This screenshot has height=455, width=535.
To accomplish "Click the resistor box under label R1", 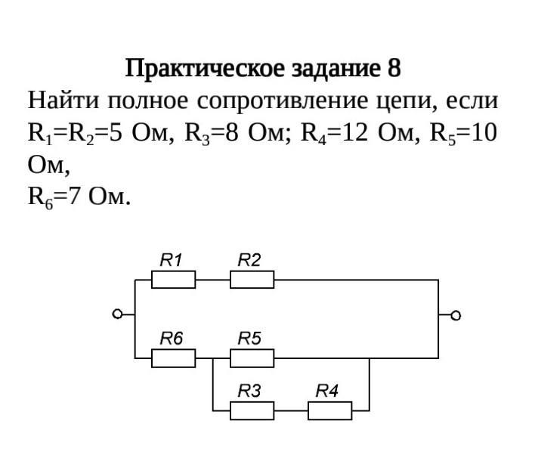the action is click(173, 280).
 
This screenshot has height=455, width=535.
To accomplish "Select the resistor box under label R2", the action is click(252, 280).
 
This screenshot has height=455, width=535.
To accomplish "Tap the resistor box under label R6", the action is click(173, 358).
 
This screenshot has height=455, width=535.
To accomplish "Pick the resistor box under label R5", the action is click(252, 358).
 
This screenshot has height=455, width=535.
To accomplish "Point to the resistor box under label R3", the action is click(252, 410).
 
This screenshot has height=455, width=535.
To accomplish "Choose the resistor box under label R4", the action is click(330, 410).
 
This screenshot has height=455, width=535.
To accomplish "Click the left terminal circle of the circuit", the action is click(117, 314).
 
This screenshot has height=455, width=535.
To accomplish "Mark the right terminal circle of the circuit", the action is click(456, 315).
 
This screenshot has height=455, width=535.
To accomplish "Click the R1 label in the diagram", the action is click(171, 260).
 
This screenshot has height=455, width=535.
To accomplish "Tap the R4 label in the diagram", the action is click(327, 391).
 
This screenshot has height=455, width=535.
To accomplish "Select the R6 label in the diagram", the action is click(172, 339).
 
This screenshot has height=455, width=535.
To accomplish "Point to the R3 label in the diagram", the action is click(249, 391).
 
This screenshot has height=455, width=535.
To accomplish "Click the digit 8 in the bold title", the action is click(394, 68).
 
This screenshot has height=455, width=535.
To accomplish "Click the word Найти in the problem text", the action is click(63, 101).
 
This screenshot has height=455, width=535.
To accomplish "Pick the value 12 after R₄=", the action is click(355, 133).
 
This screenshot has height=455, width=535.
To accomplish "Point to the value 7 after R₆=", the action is click(74, 197).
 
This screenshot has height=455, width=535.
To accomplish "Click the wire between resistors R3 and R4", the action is click(291, 410).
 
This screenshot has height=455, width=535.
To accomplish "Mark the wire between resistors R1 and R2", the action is click(213, 280).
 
